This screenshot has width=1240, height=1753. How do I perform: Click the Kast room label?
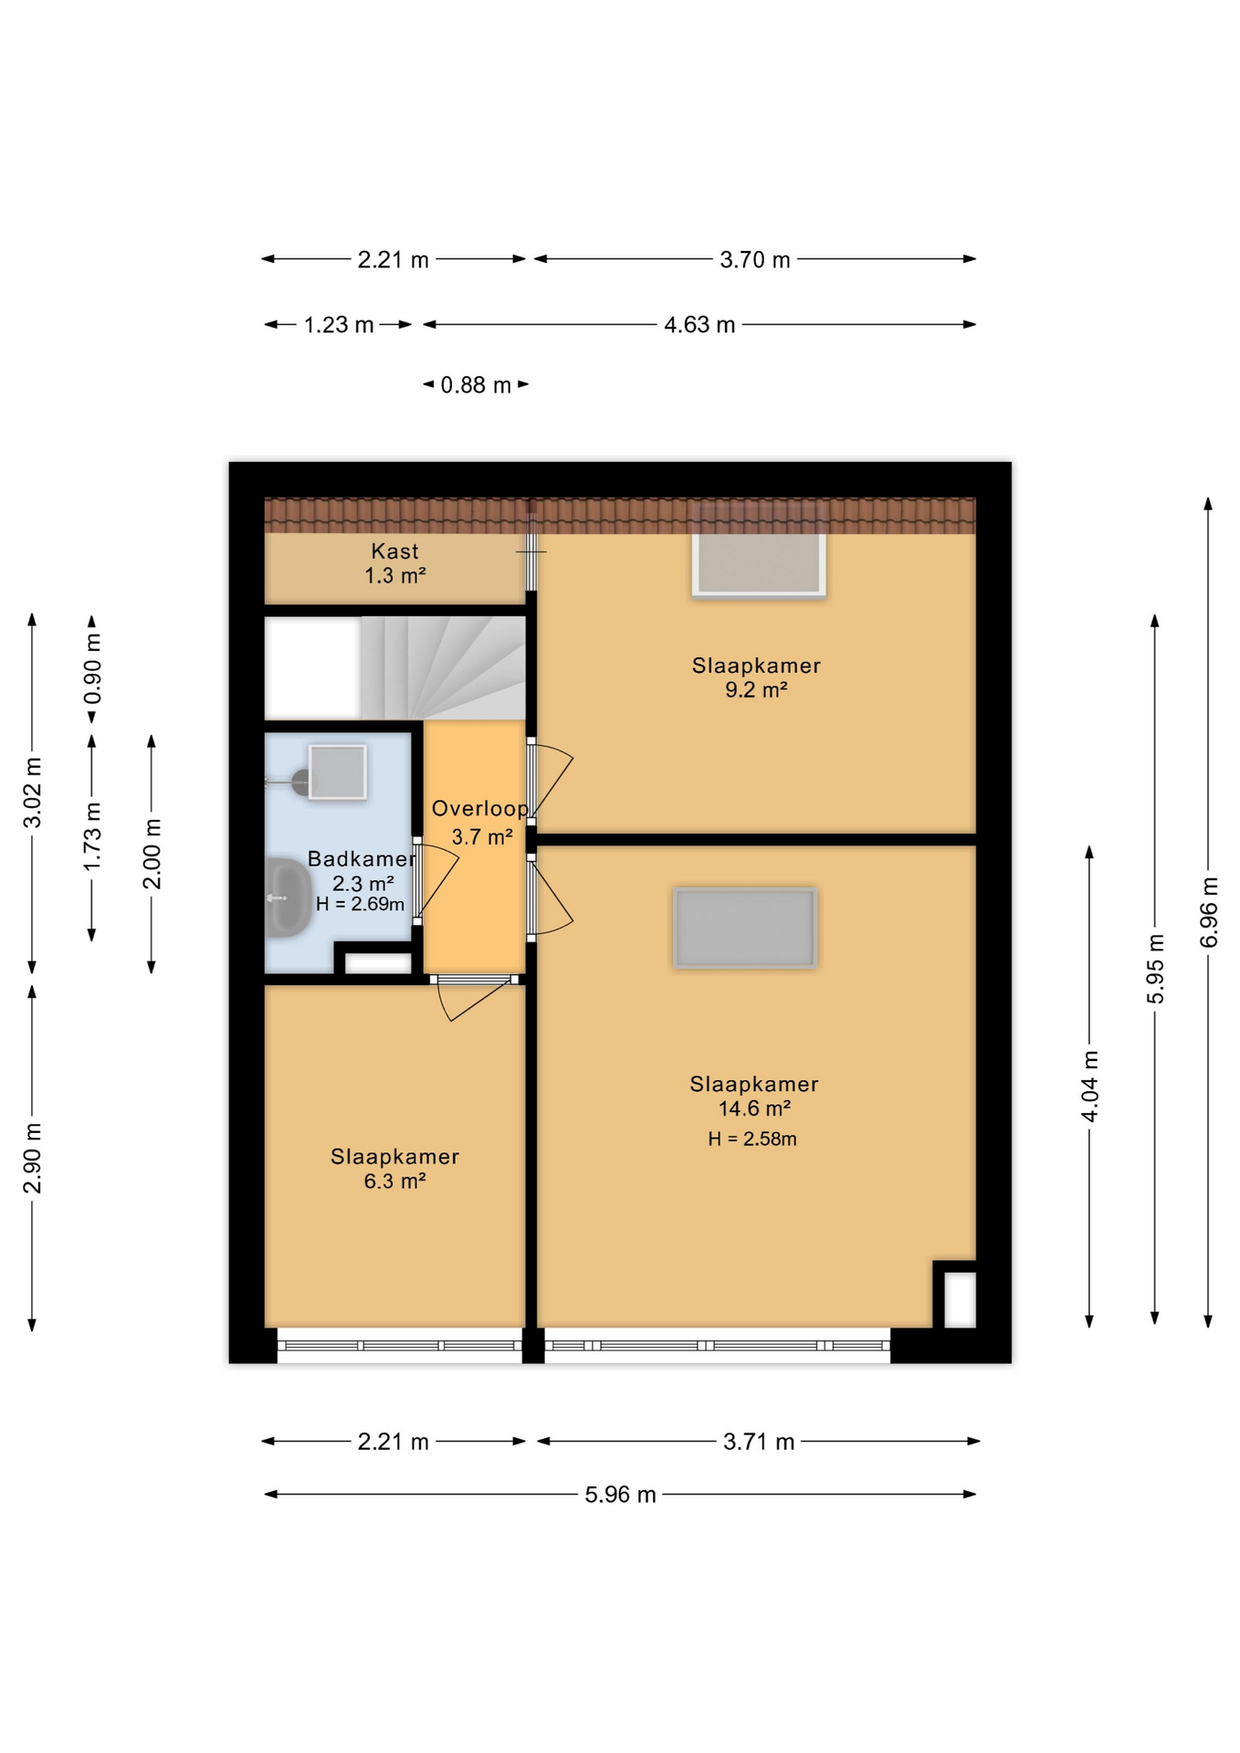click(x=394, y=551)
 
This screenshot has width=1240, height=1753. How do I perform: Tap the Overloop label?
click(x=480, y=809)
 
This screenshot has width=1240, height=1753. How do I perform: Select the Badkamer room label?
click(x=362, y=859)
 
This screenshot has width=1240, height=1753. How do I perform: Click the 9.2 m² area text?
click(x=756, y=690)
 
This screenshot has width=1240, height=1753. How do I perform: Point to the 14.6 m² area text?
click(x=754, y=1108)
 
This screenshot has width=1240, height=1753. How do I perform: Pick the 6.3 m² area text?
click(x=394, y=1181)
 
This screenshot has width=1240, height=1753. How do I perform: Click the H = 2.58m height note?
click(x=752, y=1139)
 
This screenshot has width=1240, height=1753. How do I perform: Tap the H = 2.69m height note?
click(x=360, y=905)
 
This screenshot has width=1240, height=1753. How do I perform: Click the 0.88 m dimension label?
click(x=476, y=385)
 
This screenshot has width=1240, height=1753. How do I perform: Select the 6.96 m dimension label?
click(x=1209, y=912)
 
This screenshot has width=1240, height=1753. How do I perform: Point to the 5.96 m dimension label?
click(x=621, y=1495)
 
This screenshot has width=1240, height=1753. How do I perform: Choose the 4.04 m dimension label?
click(x=1089, y=1086)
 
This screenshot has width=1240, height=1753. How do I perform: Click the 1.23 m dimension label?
click(x=339, y=325)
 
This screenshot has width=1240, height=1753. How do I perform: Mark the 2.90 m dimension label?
click(x=32, y=1158)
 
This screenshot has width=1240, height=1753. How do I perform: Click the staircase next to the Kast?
click(x=442, y=667)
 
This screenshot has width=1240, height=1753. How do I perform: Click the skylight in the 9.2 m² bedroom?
click(x=759, y=564)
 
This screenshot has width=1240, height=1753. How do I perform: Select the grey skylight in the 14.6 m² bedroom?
click(x=745, y=928)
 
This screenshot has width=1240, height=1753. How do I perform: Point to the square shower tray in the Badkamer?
click(x=338, y=772)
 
